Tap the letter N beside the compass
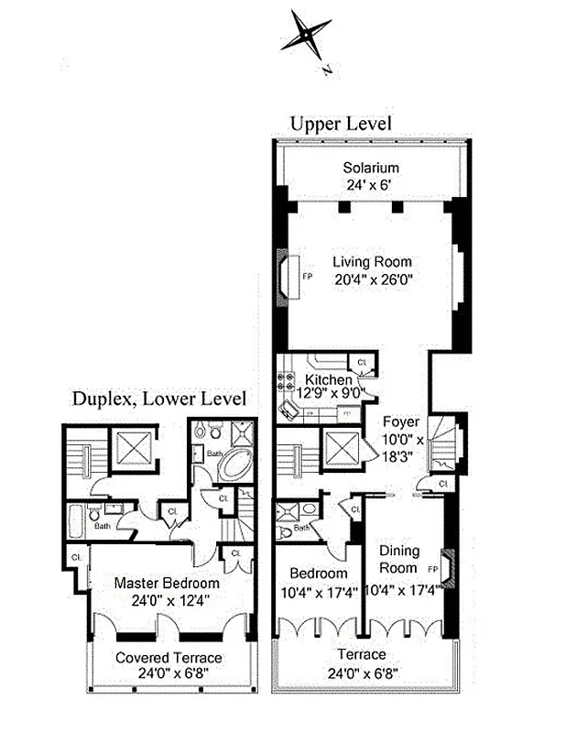327,69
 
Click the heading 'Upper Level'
341,123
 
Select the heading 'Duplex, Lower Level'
159,399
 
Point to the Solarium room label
371,168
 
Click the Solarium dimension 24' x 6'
371,184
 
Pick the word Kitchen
328,379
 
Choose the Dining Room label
399,559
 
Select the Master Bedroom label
167,583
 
